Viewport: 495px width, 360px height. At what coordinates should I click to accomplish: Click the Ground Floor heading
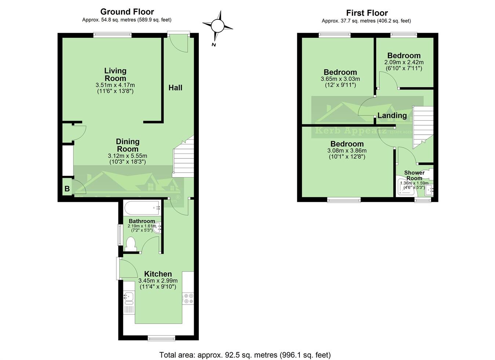127,12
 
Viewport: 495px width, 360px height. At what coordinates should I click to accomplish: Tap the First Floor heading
367,13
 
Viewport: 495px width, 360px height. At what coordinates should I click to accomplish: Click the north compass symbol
217,26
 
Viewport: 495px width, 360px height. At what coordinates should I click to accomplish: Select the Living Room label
115,74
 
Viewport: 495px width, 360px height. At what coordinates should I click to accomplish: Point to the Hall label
175,88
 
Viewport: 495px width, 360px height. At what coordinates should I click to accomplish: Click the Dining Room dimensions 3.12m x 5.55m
127,156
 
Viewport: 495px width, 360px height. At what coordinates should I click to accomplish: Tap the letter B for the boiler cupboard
67,189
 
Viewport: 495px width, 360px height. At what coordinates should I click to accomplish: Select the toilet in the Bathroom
130,244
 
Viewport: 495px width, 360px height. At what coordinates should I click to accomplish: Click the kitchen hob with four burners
188,298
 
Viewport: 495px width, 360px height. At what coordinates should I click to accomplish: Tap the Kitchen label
158,274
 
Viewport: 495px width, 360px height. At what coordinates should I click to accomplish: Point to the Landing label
392,116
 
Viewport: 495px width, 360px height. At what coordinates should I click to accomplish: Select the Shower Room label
414,175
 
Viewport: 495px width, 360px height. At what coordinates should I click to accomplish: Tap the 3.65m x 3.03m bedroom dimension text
340,79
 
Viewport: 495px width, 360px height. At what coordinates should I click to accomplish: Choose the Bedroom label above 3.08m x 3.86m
347,144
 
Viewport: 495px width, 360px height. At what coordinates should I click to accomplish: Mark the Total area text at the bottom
245,355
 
